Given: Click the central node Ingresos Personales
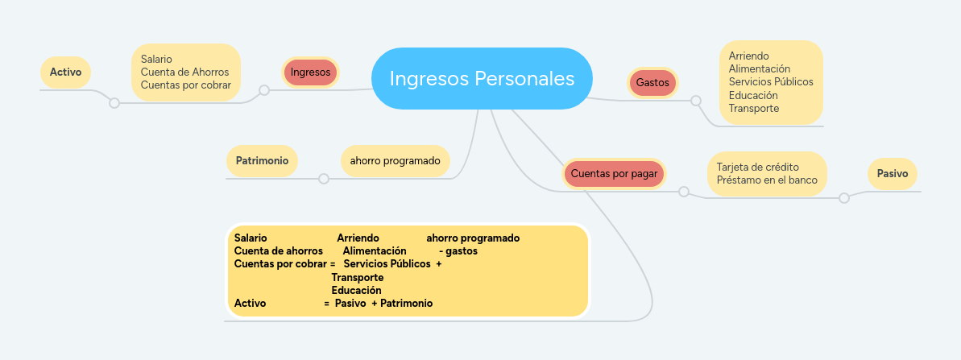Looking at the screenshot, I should (x=482, y=78).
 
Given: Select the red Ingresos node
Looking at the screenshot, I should (x=310, y=72).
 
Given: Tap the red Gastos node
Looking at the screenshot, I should (x=652, y=82).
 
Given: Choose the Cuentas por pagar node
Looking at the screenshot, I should (x=614, y=173).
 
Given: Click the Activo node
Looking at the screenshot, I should (x=65, y=72).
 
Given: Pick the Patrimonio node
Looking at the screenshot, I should (x=262, y=160).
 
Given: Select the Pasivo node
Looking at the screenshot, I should (x=892, y=173).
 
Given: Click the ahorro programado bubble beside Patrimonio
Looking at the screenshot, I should (x=395, y=160).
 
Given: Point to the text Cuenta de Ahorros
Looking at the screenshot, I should (x=184, y=72).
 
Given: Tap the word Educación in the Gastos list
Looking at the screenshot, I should (x=753, y=95).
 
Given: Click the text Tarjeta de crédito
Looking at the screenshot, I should (x=758, y=167).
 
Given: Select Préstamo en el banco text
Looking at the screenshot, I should (x=767, y=180).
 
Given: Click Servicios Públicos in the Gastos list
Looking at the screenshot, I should (x=771, y=81).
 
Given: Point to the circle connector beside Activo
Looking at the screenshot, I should (x=114, y=103).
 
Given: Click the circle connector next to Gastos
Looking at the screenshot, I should (x=696, y=101).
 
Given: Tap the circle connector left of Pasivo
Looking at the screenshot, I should (x=844, y=198).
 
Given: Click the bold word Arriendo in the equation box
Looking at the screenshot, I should (x=358, y=238).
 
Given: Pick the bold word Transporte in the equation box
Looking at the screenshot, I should (x=357, y=277).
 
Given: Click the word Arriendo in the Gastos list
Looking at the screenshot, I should (x=748, y=56).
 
